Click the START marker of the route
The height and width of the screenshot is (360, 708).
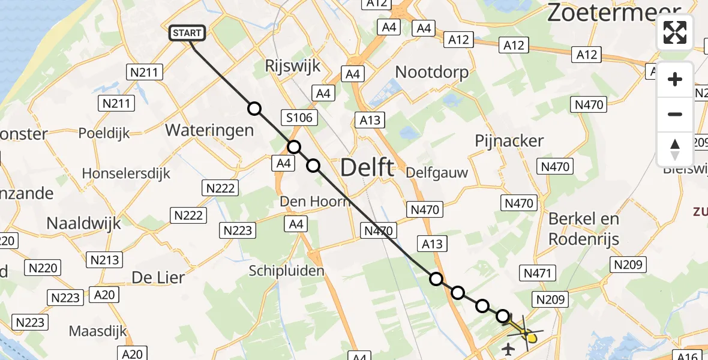[x=187, y=33]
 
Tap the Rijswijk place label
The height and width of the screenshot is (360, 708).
[x=293, y=67]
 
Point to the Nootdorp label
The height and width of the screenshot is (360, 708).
[x=432, y=72]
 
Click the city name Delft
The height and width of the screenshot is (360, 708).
[x=367, y=167]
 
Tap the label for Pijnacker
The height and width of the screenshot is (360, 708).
[x=509, y=141]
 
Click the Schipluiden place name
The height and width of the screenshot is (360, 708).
[x=287, y=271]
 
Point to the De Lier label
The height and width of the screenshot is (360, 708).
[x=158, y=278]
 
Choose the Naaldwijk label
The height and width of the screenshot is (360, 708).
[x=83, y=224]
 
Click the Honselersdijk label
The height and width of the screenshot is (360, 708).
[x=126, y=174]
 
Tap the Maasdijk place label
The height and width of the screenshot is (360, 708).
[x=97, y=331]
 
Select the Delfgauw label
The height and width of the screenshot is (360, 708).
[x=437, y=173]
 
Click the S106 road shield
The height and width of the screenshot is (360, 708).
[x=299, y=118]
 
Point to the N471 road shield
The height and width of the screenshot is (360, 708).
[x=536, y=274]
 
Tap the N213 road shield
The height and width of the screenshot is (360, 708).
[x=105, y=260]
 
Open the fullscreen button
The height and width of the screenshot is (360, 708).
[x=675, y=32]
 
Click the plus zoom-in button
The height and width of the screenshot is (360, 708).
[x=675, y=79]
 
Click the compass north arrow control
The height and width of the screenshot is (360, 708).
[x=675, y=149]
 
